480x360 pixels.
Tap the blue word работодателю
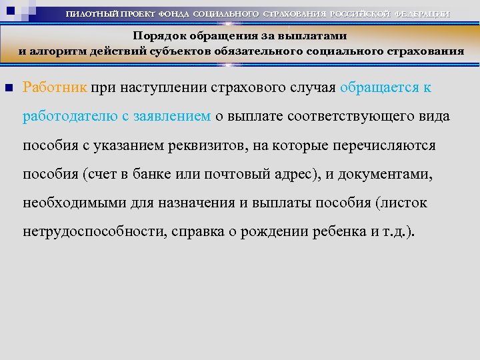(70, 116)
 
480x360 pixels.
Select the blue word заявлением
(172, 116)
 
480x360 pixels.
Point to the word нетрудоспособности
(94, 233)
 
